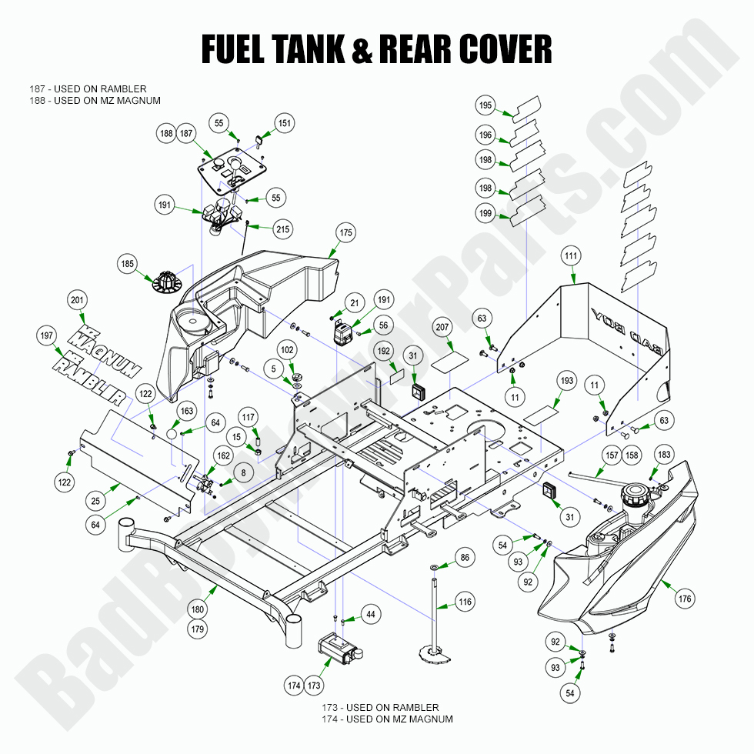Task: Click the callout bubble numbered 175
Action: pyautogui.click(x=345, y=232)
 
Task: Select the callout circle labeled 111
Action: pyautogui.click(x=570, y=255)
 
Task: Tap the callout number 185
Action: pyautogui.click(x=128, y=264)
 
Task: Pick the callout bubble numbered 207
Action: pyautogui.click(x=442, y=327)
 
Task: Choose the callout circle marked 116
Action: pyautogui.click(x=465, y=602)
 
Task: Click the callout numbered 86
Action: pyautogui.click(x=465, y=557)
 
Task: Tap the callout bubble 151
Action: pyautogui.click(x=285, y=123)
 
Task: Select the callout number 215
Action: pyautogui.click(x=283, y=229)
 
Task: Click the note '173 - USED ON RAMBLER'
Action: pyautogui.click(x=380, y=707)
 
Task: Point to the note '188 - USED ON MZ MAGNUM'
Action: pyautogui.click(x=95, y=101)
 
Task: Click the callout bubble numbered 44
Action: pyautogui.click(x=371, y=614)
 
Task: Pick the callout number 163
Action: pyautogui.click(x=188, y=412)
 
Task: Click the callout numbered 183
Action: pyautogui.click(x=664, y=455)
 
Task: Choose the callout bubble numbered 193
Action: pyautogui.click(x=567, y=382)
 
